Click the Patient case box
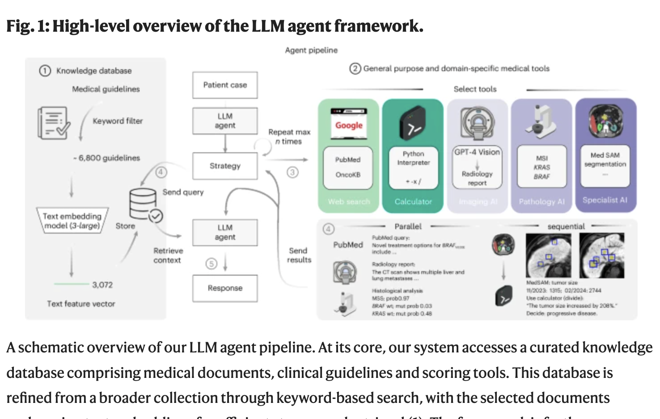[225, 85]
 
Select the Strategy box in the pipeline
[225, 166]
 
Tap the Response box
[225, 288]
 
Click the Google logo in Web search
[349, 125]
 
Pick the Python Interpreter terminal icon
[413, 123]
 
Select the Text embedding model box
[72, 221]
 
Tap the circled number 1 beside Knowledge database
[45, 71]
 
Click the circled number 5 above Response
[211, 264]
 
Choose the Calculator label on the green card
[413, 201]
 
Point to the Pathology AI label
[542, 201]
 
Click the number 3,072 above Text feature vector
[102, 285]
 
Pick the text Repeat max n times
[289, 137]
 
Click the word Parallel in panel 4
[408, 226]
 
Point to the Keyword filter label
[118, 121]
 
